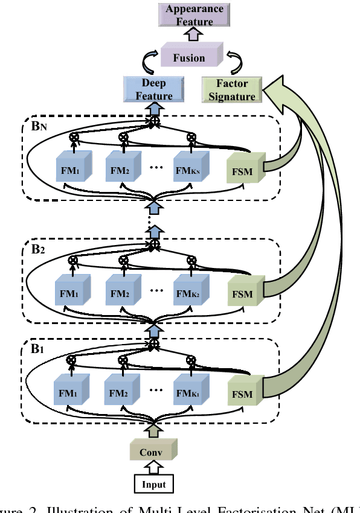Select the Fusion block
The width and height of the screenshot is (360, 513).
click(189, 58)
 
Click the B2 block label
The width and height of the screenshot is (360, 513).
click(38, 249)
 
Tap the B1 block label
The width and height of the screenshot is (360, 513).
click(38, 349)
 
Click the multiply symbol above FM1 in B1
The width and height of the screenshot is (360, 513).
click(72, 360)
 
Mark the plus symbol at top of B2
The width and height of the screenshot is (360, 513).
click(155, 244)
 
